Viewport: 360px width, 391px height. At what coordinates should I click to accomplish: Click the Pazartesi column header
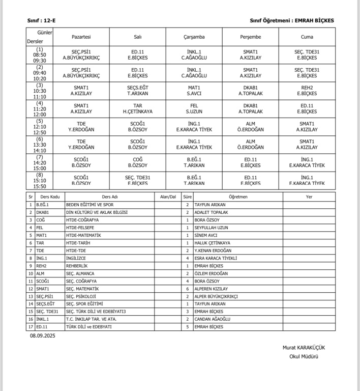click(x=81, y=37)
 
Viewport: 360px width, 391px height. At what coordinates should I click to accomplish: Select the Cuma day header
click(x=307, y=37)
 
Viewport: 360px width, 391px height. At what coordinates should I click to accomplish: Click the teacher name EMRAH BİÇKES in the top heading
click(x=315, y=20)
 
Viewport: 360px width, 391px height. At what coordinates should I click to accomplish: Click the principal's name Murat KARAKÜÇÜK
click(x=304, y=347)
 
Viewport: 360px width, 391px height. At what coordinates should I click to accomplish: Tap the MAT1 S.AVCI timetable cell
click(x=194, y=90)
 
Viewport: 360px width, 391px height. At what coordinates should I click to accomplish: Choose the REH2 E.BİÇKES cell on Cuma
click(x=307, y=90)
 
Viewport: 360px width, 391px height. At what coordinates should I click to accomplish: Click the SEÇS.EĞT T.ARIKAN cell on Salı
click(x=137, y=90)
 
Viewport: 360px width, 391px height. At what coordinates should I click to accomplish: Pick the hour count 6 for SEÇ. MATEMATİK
click(x=187, y=289)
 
